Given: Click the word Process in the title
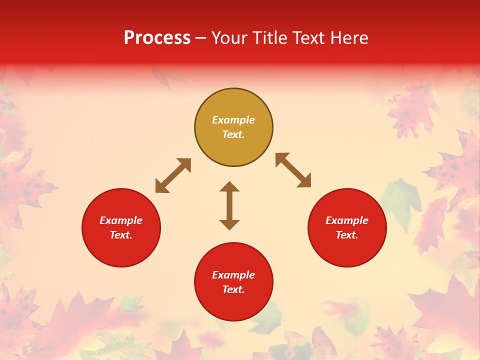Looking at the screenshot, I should pyautogui.click(x=157, y=38).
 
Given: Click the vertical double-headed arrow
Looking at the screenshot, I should pyautogui.click(x=229, y=205).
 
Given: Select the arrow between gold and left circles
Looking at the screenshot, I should pyautogui.click(x=173, y=175).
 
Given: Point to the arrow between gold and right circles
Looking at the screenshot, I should pyautogui.click(x=293, y=170).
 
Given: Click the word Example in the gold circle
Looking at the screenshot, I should pyautogui.click(x=233, y=120).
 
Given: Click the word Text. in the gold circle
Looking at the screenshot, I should pyautogui.click(x=233, y=134).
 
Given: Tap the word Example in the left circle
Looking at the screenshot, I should pyautogui.click(x=121, y=220).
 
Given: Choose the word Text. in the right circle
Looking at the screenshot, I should pyautogui.click(x=347, y=235).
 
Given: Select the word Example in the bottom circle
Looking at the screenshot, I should pyautogui.click(x=233, y=275).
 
